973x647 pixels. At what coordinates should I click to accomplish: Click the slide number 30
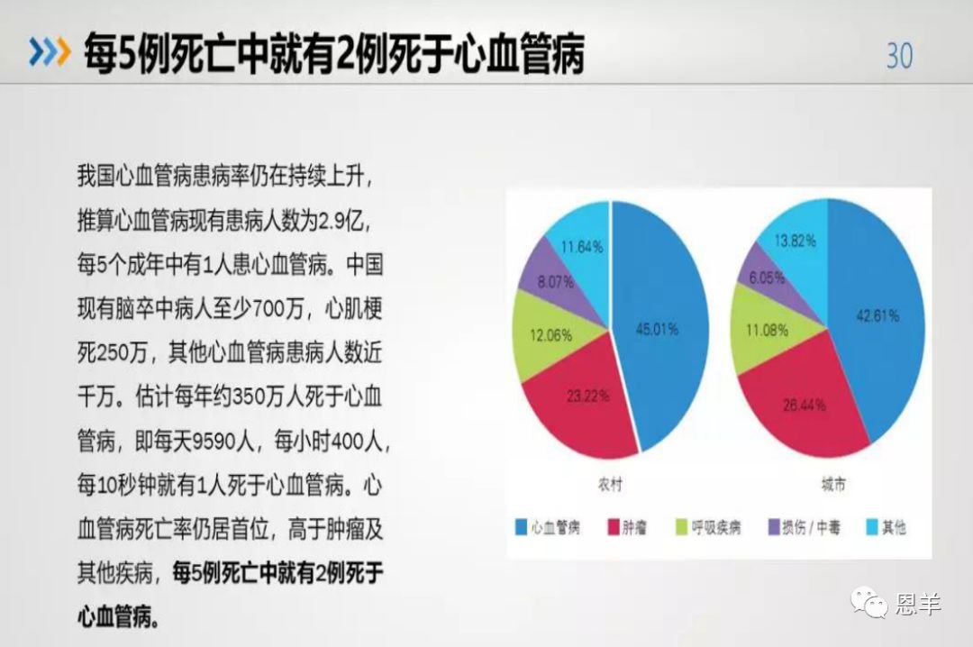[x=899, y=56]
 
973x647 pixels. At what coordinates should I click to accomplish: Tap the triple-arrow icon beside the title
[x=50, y=51]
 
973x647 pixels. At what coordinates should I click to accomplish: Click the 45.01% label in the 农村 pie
[x=657, y=329]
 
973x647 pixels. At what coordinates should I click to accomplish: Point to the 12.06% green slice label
[x=551, y=336]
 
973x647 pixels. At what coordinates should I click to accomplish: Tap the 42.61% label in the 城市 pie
[x=878, y=316]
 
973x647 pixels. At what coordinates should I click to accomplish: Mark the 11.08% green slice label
[x=767, y=331]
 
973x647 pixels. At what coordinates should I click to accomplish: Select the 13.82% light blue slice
[x=796, y=241]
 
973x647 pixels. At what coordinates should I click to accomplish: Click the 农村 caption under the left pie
[x=610, y=485]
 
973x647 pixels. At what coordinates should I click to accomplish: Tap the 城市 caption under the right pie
[x=832, y=485]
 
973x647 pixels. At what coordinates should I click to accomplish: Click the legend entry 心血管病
[x=548, y=528]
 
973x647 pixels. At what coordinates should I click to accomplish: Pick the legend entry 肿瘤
[x=627, y=528]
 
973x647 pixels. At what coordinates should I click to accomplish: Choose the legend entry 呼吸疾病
[x=708, y=528]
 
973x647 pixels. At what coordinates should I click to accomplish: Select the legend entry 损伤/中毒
[x=805, y=528]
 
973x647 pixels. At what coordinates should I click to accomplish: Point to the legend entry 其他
[x=887, y=528]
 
